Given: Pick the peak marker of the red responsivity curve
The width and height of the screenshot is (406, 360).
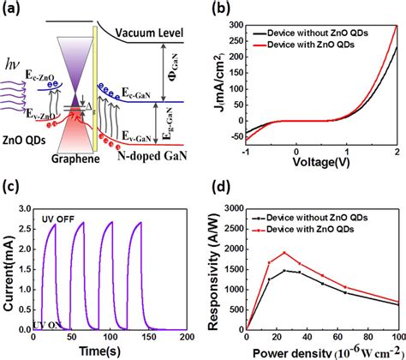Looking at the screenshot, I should tap(284, 252).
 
